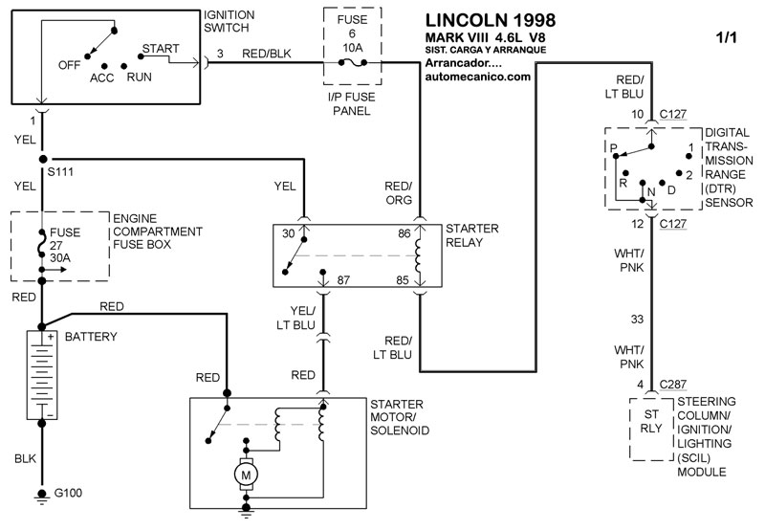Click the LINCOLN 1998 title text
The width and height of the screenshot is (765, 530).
488,19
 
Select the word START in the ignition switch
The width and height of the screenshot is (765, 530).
161,47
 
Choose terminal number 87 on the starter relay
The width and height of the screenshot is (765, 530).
344,279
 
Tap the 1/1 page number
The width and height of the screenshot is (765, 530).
726,39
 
